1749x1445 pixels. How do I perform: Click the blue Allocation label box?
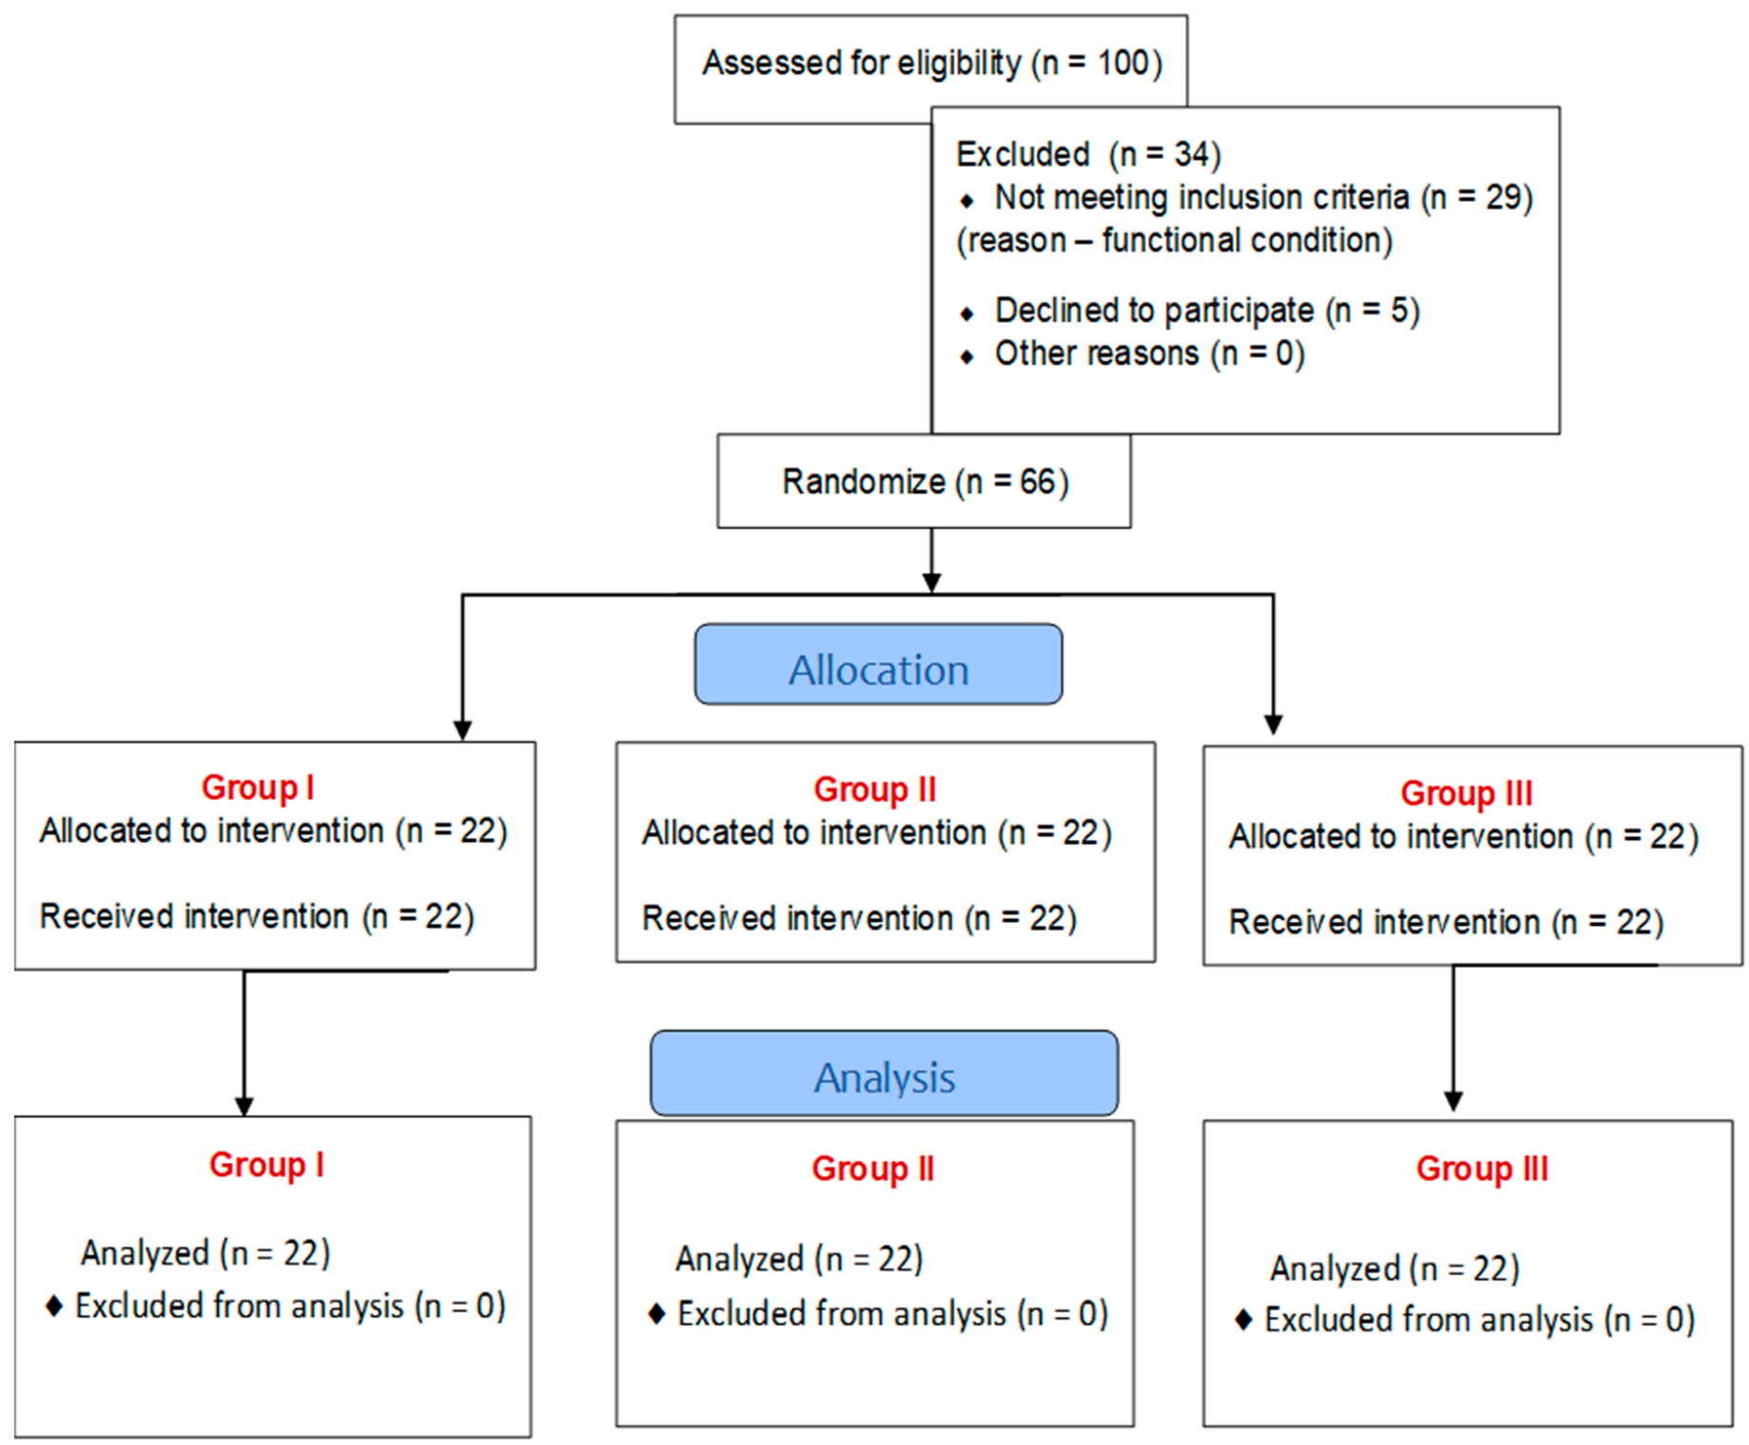point(878,665)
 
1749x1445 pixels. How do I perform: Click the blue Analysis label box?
point(884,1074)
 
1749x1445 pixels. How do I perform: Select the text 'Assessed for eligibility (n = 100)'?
point(931,64)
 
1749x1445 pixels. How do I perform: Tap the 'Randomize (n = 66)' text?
point(924,482)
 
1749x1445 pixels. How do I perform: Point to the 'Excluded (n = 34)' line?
point(1087,154)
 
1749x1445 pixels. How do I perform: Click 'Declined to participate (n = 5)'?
point(1206,311)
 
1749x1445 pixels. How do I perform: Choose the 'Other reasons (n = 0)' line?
point(1149,353)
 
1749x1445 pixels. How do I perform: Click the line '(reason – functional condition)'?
point(1174,240)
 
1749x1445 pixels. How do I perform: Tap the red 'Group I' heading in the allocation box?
point(257,788)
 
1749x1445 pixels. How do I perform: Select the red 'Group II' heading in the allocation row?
point(874,790)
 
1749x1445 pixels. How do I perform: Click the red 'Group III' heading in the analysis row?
point(1481,1169)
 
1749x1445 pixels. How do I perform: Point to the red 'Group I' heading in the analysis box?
point(267,1165)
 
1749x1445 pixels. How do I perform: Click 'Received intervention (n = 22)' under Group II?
point(859,918)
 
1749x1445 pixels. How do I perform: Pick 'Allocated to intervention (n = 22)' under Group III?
point(1462,836)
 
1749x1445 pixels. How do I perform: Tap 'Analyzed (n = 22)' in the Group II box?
point(799,1259)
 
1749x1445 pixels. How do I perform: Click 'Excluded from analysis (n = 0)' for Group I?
point(289,1306)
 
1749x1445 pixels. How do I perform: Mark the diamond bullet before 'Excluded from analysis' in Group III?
point(1242,1320)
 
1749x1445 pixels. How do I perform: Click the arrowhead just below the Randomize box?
point(931,582)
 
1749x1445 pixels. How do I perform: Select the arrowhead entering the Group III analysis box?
point(1453,1101)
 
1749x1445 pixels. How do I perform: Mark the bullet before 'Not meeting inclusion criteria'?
point(967,201)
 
